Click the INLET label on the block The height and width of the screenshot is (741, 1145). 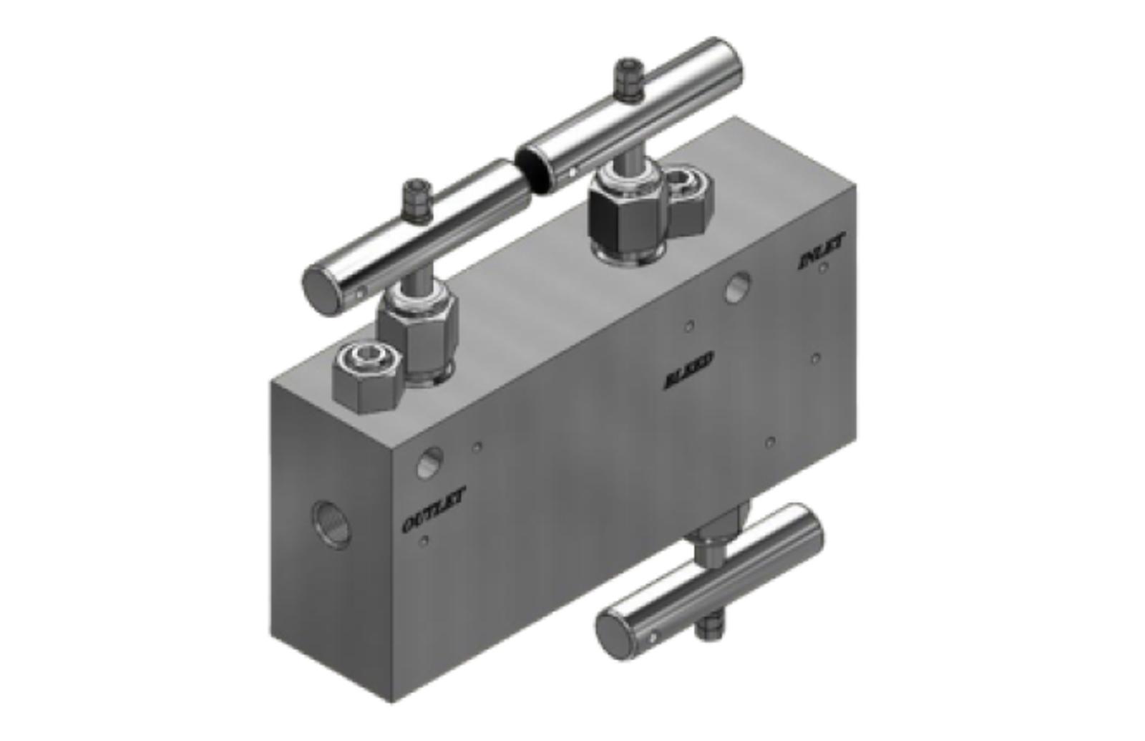[x=821, y=252]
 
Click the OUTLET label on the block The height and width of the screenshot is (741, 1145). [x=434, y=510]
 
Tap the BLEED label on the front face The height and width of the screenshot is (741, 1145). [x=688, y=370]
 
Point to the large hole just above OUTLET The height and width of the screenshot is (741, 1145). [x=429, y=462]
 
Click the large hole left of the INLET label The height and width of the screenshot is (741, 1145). [x=737, y=287]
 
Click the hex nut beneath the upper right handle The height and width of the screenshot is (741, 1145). [x=625, y=213]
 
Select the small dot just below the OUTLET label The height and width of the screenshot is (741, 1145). [x=424, y=541]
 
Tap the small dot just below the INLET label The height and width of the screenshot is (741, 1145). [x=824, y=268]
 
